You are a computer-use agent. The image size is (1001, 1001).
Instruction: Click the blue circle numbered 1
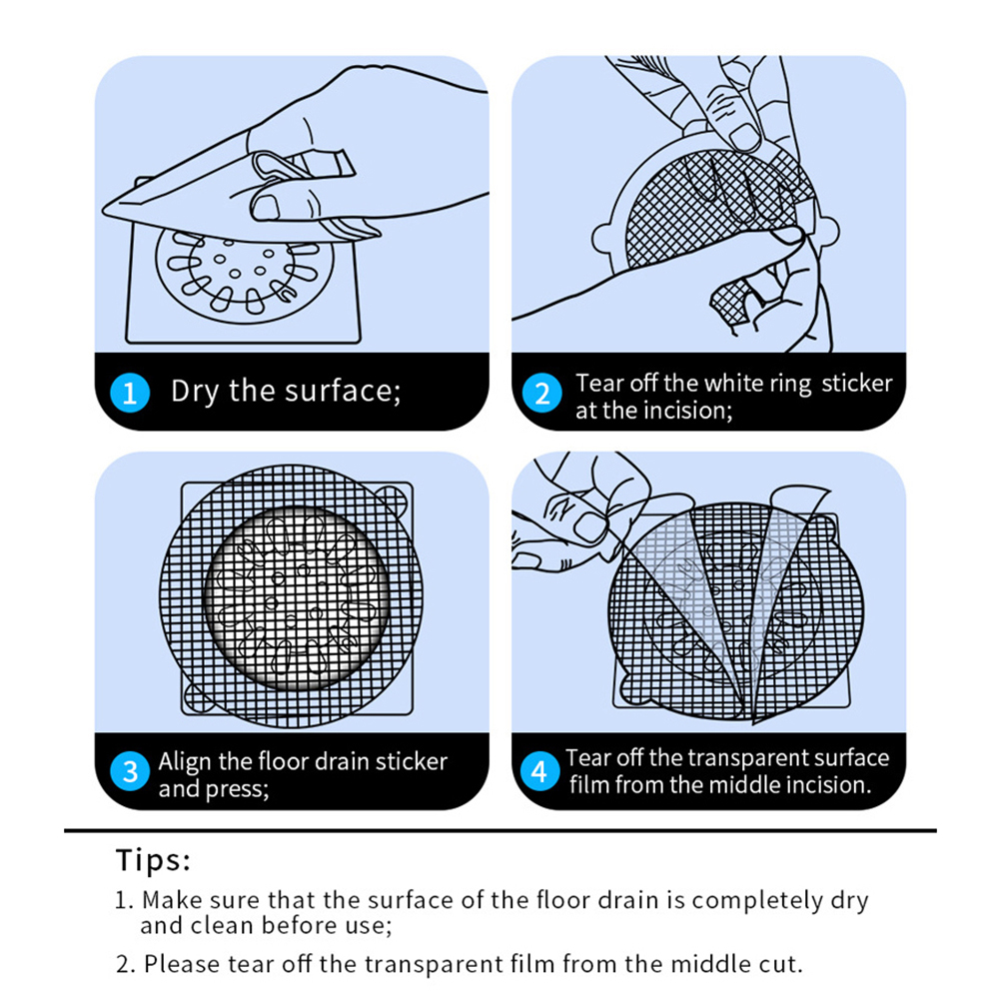[x=130, y=393]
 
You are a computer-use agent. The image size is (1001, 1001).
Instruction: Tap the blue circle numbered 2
[x=542, y=393]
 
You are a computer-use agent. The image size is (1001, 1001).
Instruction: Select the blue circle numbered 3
[x=130, y=771]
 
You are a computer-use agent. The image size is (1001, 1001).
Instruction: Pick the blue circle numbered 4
[x=539, y=771]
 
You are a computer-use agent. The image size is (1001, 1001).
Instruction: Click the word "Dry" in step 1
[x=195, y=392]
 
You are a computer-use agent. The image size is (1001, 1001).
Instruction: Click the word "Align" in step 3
[x=185, y=762]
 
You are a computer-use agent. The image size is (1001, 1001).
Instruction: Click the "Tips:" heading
[x=153, y=860]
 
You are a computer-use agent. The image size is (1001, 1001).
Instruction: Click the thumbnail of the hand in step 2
[x=744, y=137]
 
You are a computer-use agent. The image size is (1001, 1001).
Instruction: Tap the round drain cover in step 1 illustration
[x=245, y=275]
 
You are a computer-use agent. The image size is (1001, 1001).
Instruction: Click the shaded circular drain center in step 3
[x=296, y=597]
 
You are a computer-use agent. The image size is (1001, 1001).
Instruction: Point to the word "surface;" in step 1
[x=343, y=392]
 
